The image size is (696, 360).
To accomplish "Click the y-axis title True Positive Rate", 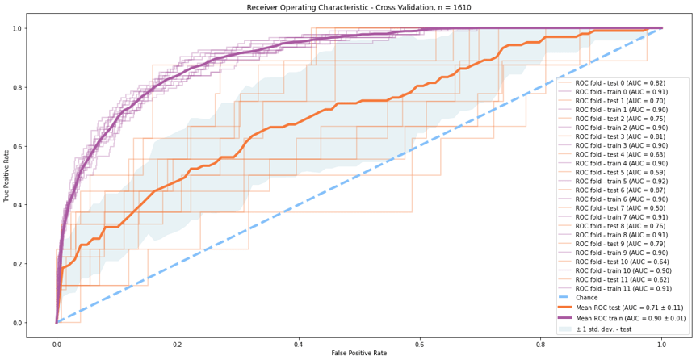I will point(7,175).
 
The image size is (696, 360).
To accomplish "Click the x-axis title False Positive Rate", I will point(358,354).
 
